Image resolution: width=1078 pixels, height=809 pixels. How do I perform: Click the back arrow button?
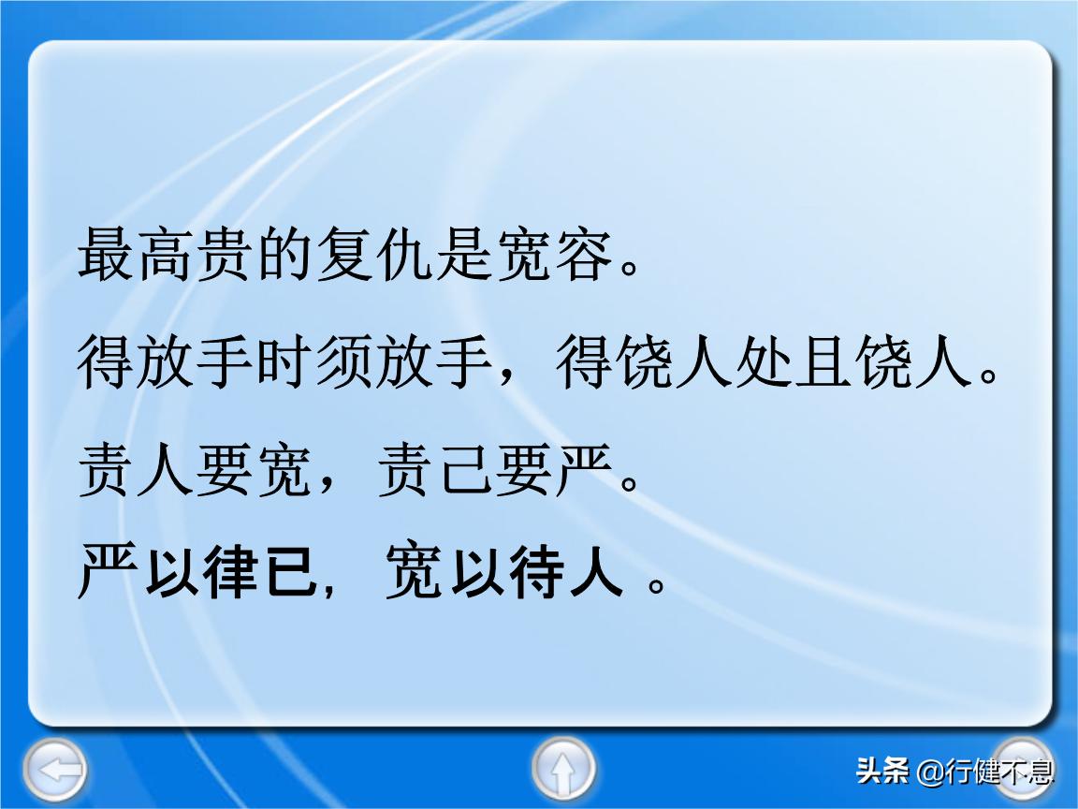click(x=54, y=770)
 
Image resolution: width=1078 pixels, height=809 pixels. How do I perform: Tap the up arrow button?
click(x=563, y=770)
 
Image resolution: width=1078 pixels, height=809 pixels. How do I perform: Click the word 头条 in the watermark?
click(x=881, y=772)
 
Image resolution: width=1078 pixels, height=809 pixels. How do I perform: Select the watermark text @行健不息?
click(x=985, y=772)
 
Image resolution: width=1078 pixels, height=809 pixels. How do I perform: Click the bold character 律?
click(x=226, y=574)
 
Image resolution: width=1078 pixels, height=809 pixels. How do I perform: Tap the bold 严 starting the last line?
click(x=105, y=574)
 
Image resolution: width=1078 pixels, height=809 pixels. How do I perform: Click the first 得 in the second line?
click(x=105, y=363)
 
